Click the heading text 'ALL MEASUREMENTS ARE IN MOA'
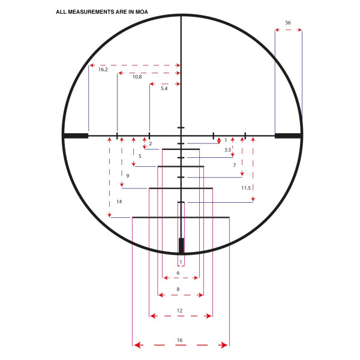(102, 12)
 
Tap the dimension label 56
(288, 23)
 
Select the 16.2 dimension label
(103, 70)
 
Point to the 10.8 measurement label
(137, 77)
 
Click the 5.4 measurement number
(164, 89)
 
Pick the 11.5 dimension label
(246, 188)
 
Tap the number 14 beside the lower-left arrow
(119, 202)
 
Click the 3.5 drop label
(228, 150)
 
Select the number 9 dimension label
(128, 176)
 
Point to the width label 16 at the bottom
(179, 340)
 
